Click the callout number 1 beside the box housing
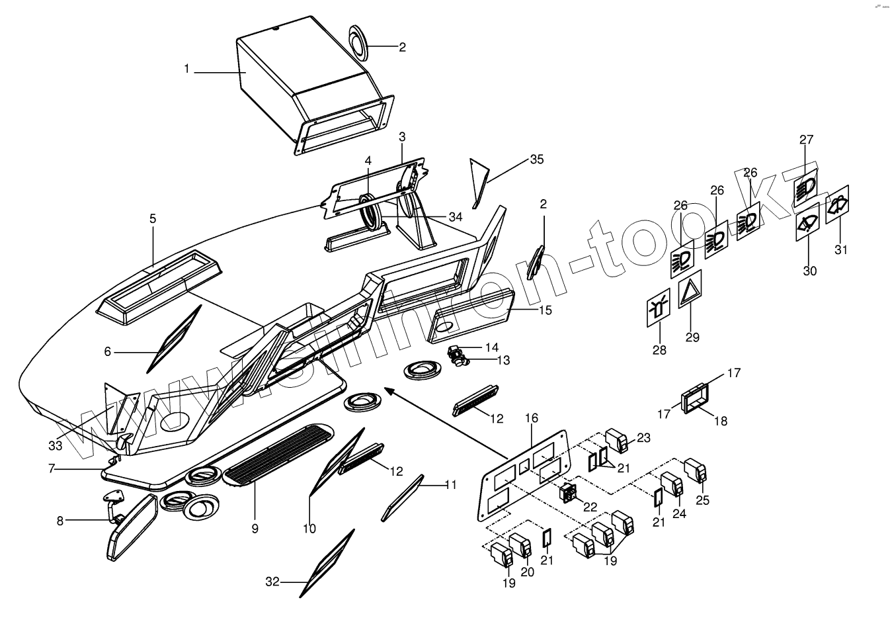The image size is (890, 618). [187, 69]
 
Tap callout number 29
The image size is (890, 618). [692, 337]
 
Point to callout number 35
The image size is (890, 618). [536, 159]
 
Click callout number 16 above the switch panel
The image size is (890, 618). [532, 418]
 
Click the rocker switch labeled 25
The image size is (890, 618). [696, 470]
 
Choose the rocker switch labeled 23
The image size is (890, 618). [618, 441]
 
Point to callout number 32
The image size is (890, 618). [272, 582]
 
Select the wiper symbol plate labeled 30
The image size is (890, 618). [807, 226]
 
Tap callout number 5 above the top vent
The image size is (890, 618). [153, 218]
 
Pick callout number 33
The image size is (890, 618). [56, 445]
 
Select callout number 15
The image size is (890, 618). [545, 310]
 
